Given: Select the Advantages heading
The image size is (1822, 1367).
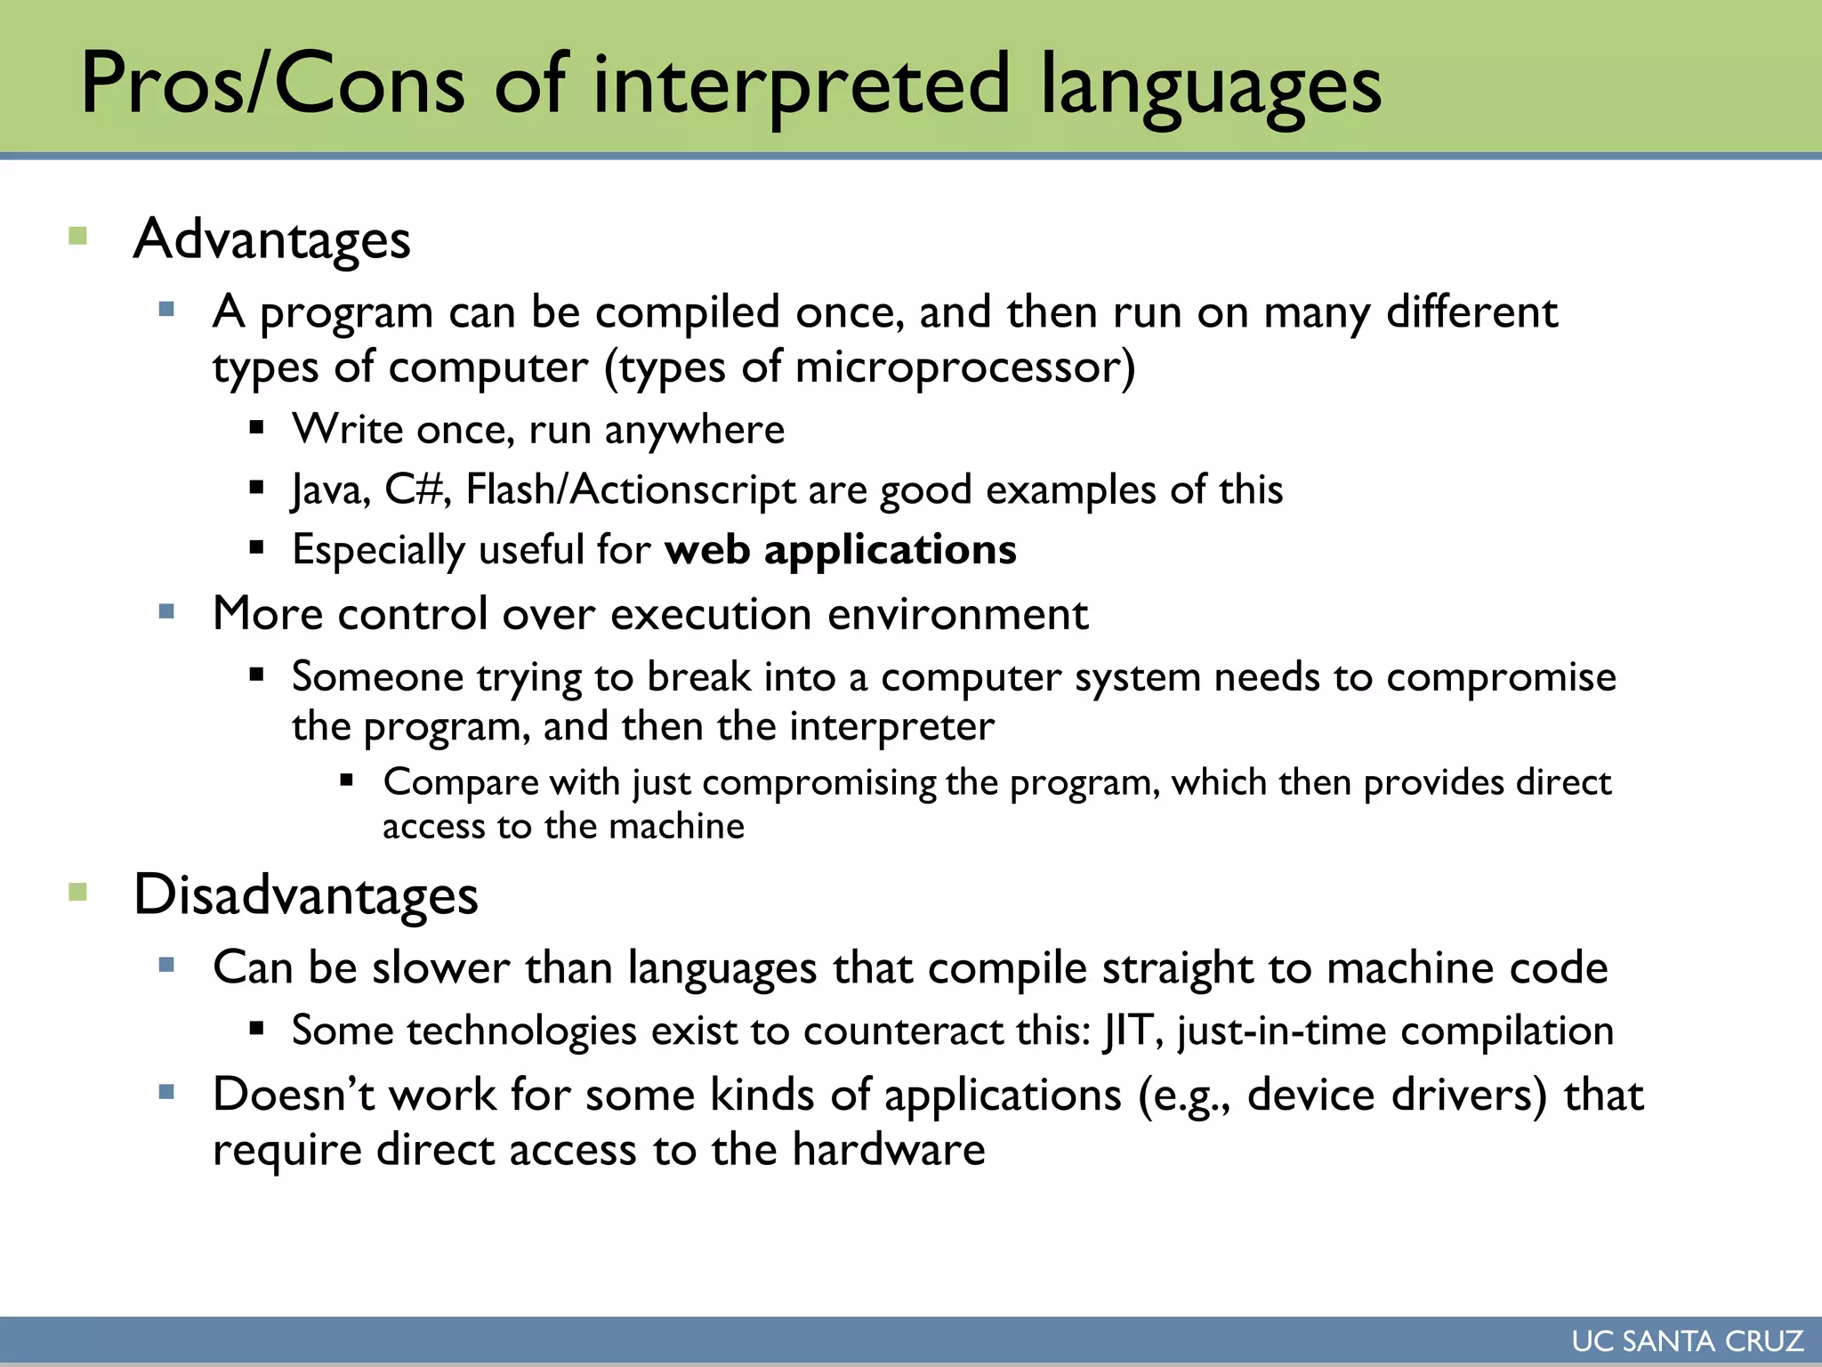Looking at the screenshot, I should click(x=271, y=239).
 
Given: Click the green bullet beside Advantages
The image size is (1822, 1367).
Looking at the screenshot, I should click(x=78, y=236).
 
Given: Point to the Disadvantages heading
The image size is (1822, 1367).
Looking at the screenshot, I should click(x=305, y=894).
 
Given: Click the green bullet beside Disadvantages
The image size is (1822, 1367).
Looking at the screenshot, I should click(x=78, y=892).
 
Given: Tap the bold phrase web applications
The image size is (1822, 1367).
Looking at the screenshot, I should click(x=840, y=549).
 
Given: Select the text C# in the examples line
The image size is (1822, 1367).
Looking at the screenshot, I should click(x=414, y=489).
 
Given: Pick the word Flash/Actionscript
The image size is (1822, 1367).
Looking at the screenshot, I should click(x=631, y=490).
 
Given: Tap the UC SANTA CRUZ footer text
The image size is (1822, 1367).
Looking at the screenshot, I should click(x=1687, y=1341).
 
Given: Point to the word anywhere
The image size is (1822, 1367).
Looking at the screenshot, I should click(x=694, y=431).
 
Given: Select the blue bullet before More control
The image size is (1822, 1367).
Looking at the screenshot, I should click(x=166, y=611).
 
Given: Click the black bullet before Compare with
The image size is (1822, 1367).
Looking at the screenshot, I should click(x=347, y=781).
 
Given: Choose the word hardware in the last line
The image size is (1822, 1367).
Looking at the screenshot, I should click(x=889, y=1149).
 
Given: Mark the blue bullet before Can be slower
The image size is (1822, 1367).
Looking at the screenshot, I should click(x=166, y=965).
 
